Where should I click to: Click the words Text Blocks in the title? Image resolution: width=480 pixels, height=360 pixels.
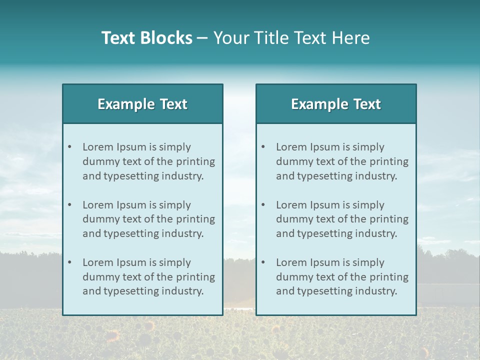coord(146,38)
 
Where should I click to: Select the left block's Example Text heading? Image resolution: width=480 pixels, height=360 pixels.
coord(142,104)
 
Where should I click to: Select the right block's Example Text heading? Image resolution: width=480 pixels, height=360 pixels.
coord(336,104)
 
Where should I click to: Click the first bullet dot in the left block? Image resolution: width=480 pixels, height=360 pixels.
coord(70,147)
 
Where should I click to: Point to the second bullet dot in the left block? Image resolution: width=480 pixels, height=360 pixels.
coord(70,205)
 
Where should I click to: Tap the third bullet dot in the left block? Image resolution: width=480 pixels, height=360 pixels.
coord(70,262)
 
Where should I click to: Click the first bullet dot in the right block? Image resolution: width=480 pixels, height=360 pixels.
coord(263,147)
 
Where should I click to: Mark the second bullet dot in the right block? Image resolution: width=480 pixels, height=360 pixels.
coord(263,205)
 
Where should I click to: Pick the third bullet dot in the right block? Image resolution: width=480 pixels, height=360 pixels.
coord(263,262)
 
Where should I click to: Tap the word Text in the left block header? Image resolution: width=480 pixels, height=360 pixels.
coord(173,104)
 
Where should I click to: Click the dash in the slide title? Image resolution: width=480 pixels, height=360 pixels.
coord(202,38)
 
